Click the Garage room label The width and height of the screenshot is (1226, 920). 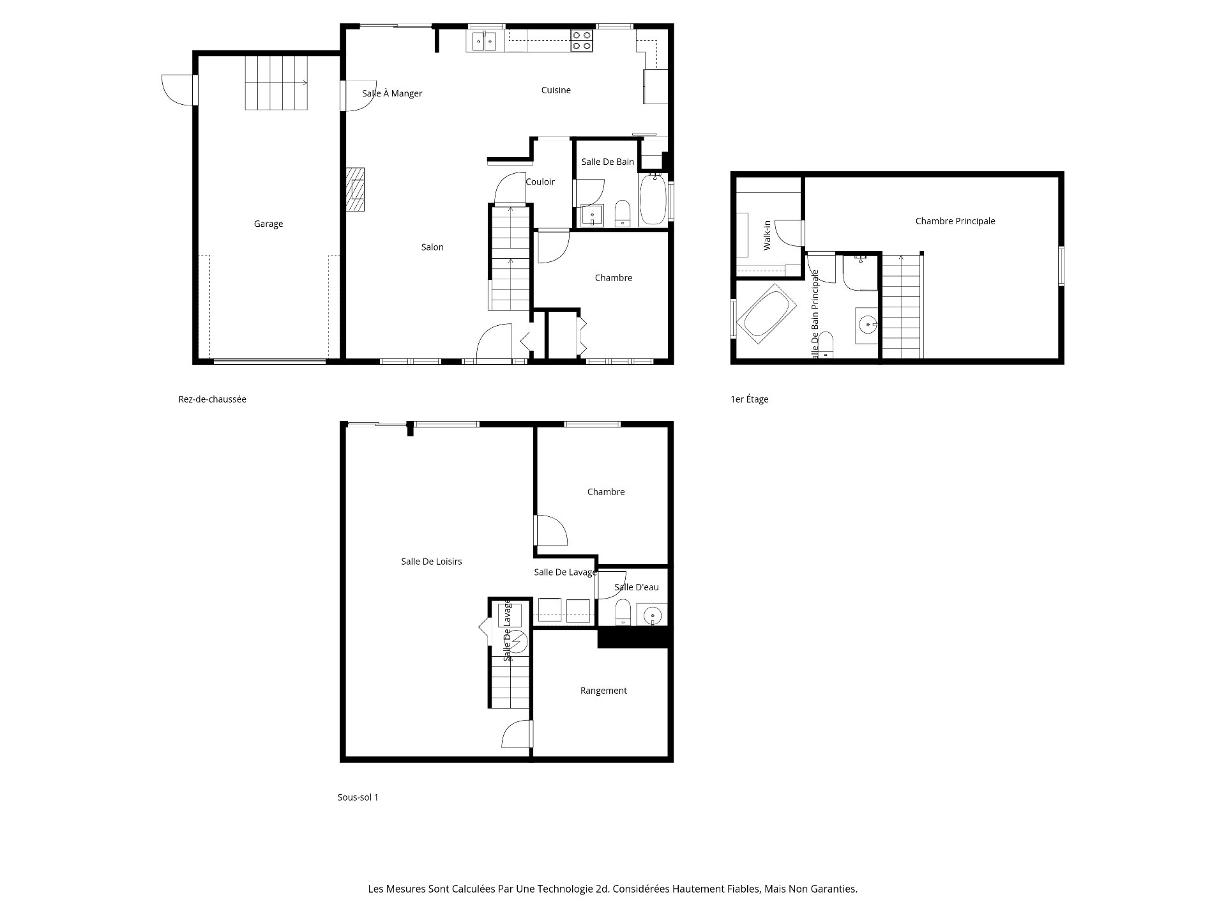pos(268,224)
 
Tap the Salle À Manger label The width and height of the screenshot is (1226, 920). pos(392,93)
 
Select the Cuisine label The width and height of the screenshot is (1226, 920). pos(556,90)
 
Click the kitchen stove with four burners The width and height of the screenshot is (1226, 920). pos(581,41)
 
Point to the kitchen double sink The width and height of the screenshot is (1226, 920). pos(485,41)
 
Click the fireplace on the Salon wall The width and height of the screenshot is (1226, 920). pos(356,189)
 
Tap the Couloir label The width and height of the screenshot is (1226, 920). pos(540,182)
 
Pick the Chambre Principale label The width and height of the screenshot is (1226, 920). pos(955,221)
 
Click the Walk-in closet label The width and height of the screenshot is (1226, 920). pos(768,235)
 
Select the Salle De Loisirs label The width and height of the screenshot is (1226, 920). pos(432,562)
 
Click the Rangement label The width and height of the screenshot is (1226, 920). pos(603,691)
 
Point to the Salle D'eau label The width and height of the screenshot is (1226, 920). pos(637,587)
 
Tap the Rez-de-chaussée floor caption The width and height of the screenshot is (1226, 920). pos(213,399)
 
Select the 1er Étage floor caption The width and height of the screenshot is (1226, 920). pos(750,399)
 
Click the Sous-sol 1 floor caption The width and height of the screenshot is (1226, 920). pos(358,797)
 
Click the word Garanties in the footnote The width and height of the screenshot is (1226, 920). pos(833,889)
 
